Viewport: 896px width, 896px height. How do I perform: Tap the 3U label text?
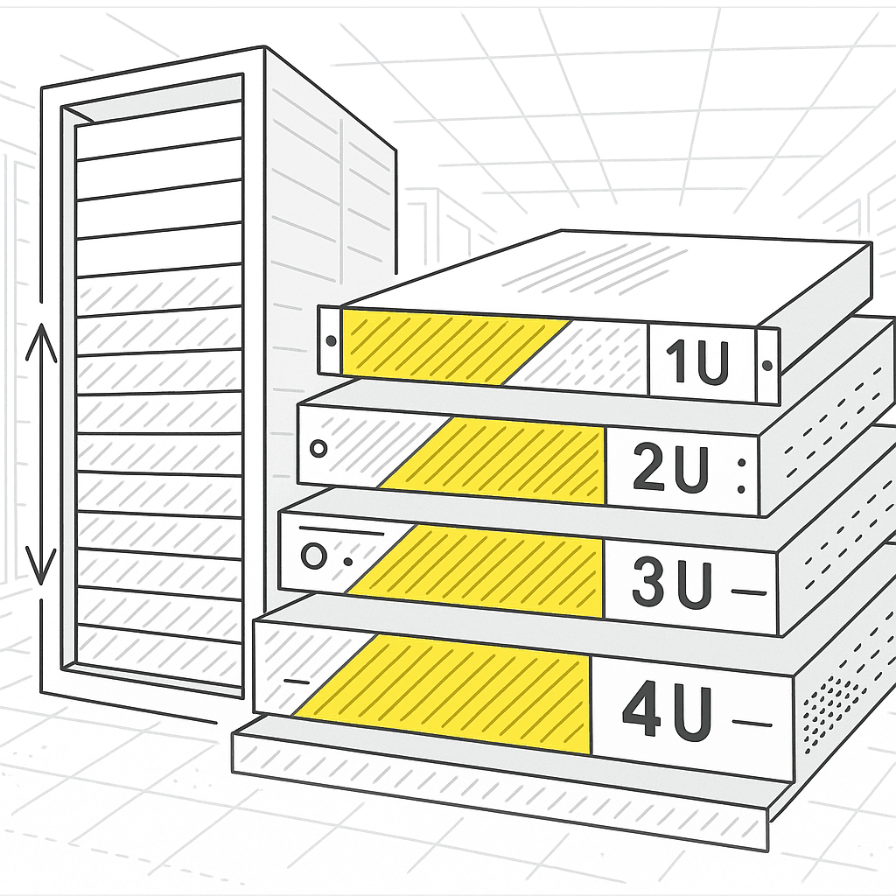point(672,585)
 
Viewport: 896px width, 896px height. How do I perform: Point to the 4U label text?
point(667,712)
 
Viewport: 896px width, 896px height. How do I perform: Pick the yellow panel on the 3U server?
point(490,570)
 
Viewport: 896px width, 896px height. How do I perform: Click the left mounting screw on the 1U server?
point(331,340)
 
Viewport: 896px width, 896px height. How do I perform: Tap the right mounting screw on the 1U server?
point(767,365)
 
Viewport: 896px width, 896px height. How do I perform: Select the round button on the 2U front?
point(318,449)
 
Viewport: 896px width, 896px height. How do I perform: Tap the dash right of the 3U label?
point(748,592)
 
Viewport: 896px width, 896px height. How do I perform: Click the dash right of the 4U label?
point(755,723)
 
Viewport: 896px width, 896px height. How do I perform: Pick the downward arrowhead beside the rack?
point(40,564)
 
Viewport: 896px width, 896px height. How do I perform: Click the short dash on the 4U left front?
point(297,680)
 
